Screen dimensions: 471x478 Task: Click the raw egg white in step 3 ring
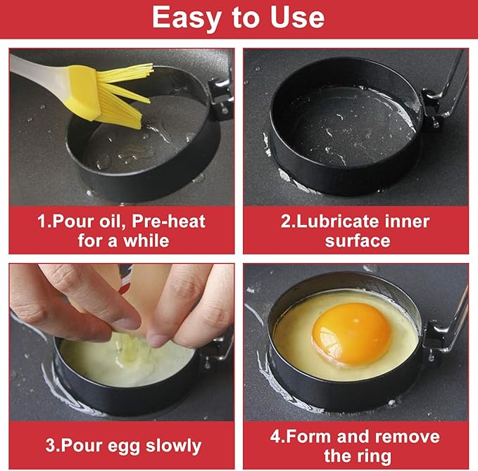point(120,362)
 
